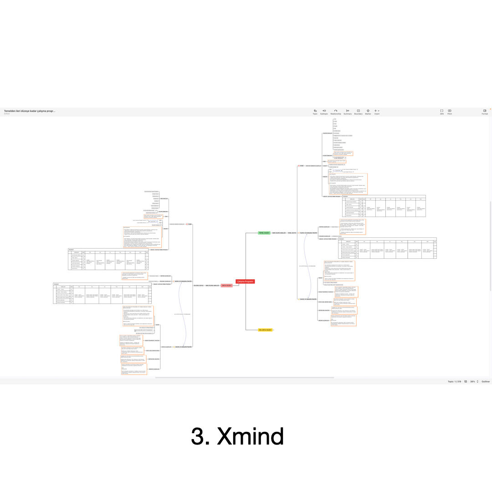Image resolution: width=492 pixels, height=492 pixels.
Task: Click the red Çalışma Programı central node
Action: pyautogui.click(x=245, y=282)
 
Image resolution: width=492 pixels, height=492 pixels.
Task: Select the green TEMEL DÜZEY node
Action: pyautogui.click(x=264, y=233)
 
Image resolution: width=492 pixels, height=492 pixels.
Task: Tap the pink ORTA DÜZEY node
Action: pyautogui.click(x=226, y=286)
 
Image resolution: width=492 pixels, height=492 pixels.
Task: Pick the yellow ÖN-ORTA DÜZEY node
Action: pyautogui.click(x=266, y=329)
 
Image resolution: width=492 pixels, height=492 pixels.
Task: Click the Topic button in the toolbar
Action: pyautogui.click(x=315, y=112)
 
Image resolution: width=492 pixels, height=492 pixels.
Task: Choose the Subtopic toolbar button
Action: pyautogui.click(x=324, y=112)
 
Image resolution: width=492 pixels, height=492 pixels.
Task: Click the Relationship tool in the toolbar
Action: pyautogui.click(x=335, y=112)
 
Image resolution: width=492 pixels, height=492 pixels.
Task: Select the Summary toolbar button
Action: pyautogui.click(x=348, y=112)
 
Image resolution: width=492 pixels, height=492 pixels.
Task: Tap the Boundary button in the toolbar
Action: pyautogui.click(x=358, y=112)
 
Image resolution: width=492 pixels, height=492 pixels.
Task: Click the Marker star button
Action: pyautogui.click(x=368, y=112)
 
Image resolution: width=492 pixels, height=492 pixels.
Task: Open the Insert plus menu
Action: pyautogui.click(x=377, y=112)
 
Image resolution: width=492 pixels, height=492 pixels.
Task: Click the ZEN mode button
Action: pyautogui.click(x=441, y=112)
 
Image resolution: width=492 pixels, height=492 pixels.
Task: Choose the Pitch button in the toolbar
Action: pyautogui.click(x=450, y=112)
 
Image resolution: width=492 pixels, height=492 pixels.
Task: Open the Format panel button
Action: pyautogui.click(x=485, y=112)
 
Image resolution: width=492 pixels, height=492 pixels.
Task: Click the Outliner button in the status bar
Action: pyautogui.click(x=486, y=381)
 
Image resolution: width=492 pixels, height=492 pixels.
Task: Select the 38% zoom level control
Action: pyautogui.click(x=472, y=381)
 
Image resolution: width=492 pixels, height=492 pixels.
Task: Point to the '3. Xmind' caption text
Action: pyautogui.click(x=237, y=436)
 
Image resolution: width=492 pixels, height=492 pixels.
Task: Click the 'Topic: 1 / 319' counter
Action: pyautogui.click(x=455, y=381)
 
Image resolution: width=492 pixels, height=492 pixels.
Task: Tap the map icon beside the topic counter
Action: pyautogui.click(x=465, y=381)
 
